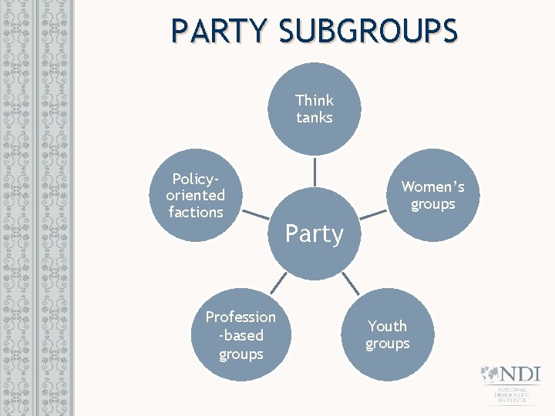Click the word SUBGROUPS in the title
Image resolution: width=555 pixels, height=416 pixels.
click(x=368, y=31)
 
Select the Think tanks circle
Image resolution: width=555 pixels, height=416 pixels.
click(x=314, y=109)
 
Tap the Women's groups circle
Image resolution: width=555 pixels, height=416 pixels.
click(x=433, y=195)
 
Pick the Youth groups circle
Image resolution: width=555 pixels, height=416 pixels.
click(x=387, y=334)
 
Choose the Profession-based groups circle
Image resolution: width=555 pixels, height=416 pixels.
click(x=240, y=335)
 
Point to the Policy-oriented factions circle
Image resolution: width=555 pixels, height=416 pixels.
click(x=195, y=195)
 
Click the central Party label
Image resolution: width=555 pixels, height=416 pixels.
click(x=314, y=233)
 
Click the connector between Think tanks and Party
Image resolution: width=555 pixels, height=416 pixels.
click(x=314, y=171)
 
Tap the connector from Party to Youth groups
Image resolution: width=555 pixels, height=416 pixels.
click(x=350, y=284)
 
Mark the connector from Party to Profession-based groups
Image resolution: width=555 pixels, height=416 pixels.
click(x=278, y=284)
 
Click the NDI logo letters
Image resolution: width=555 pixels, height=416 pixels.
click(x=519, y=374)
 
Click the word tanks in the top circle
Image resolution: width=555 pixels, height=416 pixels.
click(x=314, y=118)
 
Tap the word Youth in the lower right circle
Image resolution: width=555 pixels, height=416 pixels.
click(x=387, y=326)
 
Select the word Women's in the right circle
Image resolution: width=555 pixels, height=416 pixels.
click(x=433, y=186)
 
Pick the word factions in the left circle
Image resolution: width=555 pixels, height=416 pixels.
click(x=196, y=212)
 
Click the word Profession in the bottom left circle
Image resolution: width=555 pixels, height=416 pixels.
click(x=240, y=317)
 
